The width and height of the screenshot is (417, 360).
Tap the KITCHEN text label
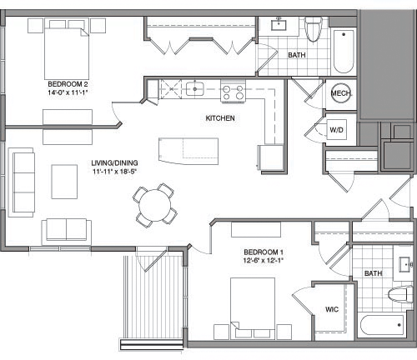[x=220, y=118]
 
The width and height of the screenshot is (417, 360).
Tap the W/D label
[x=337, y=130]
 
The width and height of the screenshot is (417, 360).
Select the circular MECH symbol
[x=339, y=94]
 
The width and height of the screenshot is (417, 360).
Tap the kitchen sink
[x=198, y=87]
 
